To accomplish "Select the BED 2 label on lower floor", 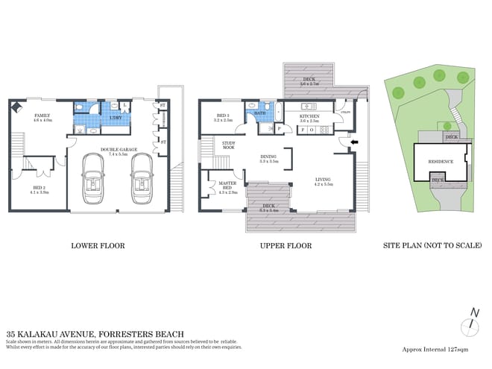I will click(x=39, y=188).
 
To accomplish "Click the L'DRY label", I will click(x=116, y=118).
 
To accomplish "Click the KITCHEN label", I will click(x=309, y=116).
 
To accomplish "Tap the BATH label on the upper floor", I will click(x=261, y=114).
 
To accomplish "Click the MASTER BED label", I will click(x=227, y=188).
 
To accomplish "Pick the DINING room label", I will click(x=268, y=157).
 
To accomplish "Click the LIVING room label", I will click(x=323, y=180).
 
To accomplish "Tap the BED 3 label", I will click(x=223, y=116).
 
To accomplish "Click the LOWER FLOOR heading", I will click(x=97, y=245).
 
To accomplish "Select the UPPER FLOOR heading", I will click(x=286, y=245).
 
